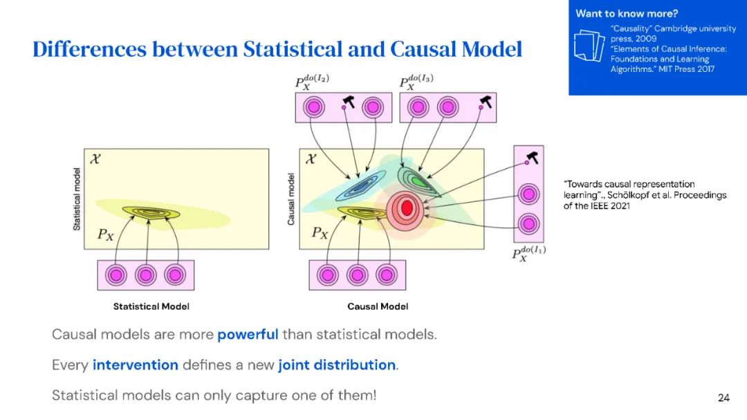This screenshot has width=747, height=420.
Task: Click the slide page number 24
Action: click(x=723, y=398)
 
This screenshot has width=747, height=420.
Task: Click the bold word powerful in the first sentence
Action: click(x=248, y=335)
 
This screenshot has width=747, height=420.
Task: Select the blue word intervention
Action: click(x=136, y=365)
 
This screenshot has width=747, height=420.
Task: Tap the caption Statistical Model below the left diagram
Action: click(x=151, y=307)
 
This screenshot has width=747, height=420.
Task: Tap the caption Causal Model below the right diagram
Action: click(x=378, y=307)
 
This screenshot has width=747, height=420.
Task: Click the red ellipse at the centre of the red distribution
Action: click(x=407, y=207)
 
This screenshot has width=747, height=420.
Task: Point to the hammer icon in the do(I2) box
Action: click(x=348, y=103)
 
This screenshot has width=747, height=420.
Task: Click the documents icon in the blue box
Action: click(x=589, y=49)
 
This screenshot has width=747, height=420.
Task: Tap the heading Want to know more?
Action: click(x=627, y=13)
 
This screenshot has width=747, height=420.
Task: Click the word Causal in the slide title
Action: click(x=422, y=50)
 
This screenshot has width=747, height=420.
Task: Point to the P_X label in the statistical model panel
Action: click(x=105, y=235)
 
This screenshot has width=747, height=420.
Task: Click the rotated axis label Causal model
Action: click(x=290, y=199)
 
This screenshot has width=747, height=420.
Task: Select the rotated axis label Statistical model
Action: click(x=77, y=199)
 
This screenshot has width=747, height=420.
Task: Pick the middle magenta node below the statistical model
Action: click(x=145, y=275)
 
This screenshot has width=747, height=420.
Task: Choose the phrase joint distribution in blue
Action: click(x=337, y=365)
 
